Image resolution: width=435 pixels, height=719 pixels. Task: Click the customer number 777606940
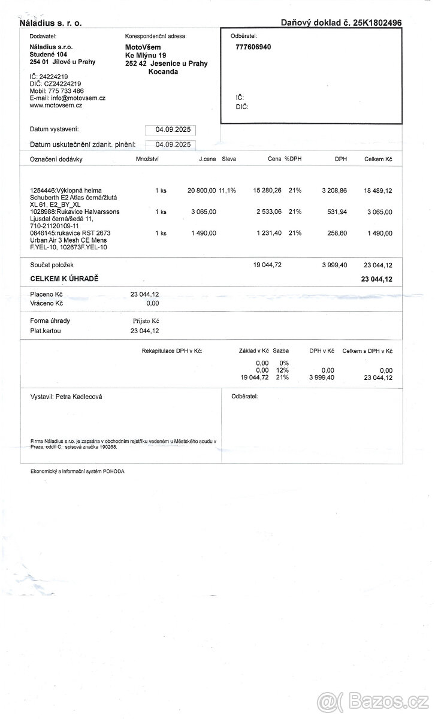[253, 47]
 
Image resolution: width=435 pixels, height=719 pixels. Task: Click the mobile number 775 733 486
[65, 90]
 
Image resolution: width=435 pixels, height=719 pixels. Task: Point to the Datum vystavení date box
[171, 129]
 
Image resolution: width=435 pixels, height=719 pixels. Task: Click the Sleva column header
[229, 159]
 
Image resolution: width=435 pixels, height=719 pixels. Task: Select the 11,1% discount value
[228, 190]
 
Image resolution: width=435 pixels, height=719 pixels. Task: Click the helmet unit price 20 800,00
[201, 190]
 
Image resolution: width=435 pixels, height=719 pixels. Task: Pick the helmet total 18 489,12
[377, 190]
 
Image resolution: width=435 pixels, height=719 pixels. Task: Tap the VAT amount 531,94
[334, 212]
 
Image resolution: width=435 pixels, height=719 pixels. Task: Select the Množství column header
[147, 159]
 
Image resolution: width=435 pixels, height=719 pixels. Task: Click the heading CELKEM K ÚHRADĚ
[64, 279]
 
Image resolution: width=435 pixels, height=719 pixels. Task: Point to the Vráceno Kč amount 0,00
[152, 303]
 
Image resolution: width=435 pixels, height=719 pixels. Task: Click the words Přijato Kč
[146, 321]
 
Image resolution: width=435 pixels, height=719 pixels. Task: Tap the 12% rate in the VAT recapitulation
[283, 370]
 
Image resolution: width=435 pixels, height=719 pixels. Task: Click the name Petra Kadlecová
[78, 397]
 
